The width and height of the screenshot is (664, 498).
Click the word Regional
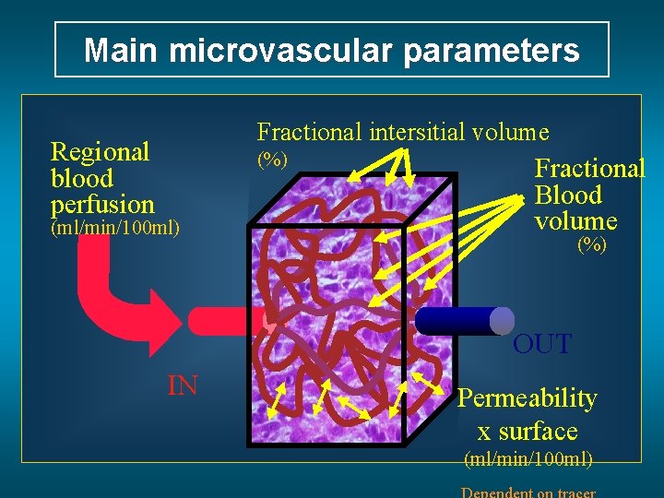pos(100,151)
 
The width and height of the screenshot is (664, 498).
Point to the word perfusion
pos(102,204)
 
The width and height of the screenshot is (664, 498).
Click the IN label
pos(183,385)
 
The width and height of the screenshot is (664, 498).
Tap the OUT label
pos(542,345)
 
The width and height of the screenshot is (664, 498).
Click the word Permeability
pos(528,398)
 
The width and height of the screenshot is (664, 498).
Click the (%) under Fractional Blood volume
pos(591,245)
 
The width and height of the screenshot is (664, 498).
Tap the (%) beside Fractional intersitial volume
pos(272,160)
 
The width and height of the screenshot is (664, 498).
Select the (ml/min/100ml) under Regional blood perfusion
pos(115,227)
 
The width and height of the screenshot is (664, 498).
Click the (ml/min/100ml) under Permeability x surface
pos(528,458)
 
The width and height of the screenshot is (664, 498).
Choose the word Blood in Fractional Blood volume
pos(568,196)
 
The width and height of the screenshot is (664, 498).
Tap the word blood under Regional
pos(82,179)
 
